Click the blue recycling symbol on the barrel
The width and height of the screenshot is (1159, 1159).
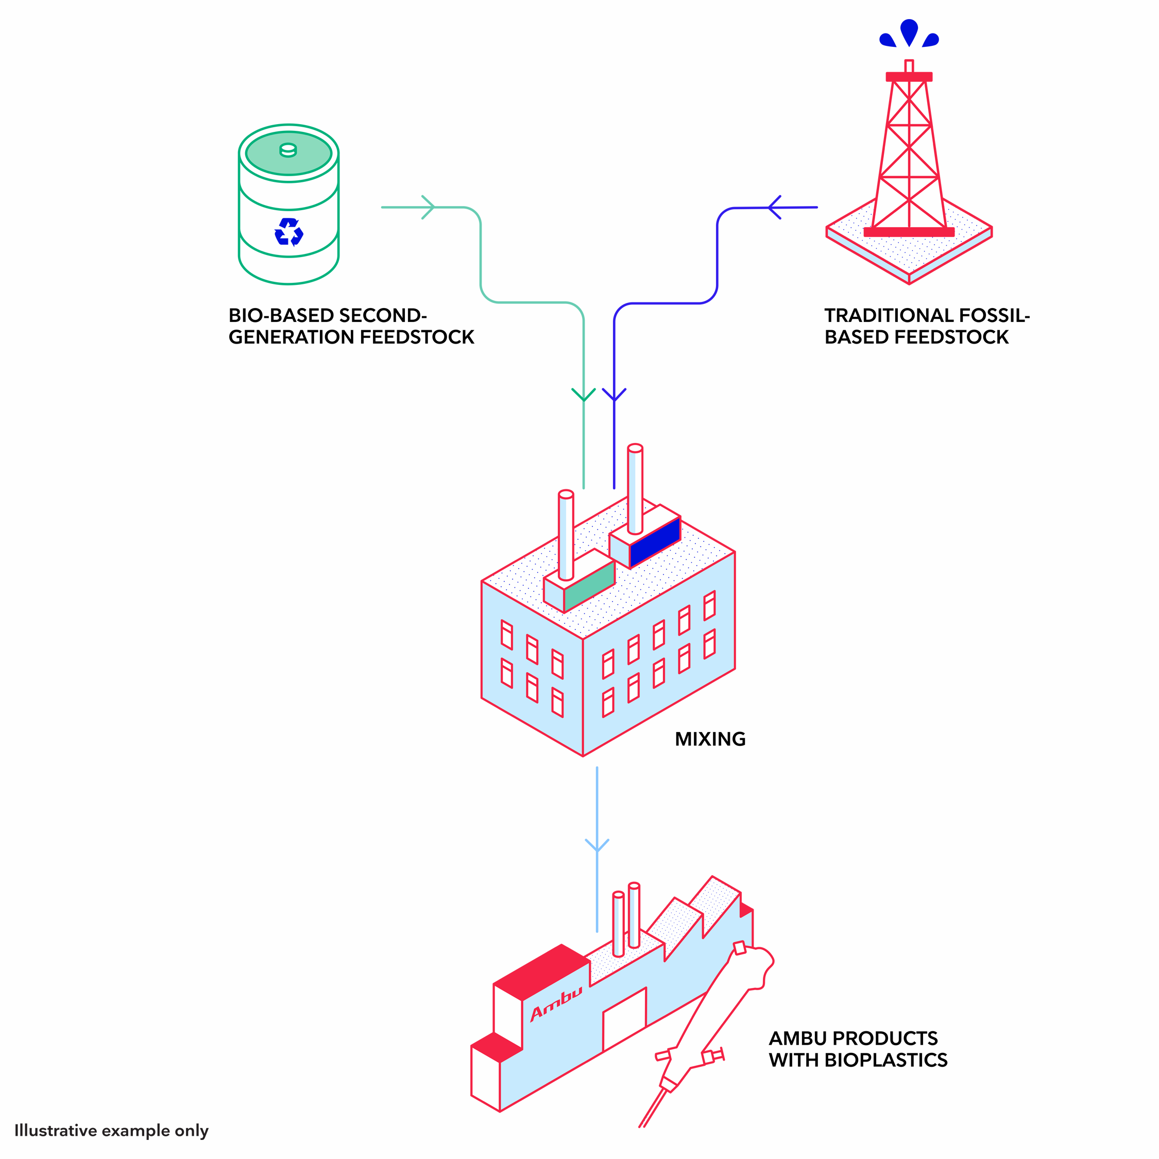click(x=288, y=232)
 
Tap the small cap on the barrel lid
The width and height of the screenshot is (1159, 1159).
click(x=288, y=149)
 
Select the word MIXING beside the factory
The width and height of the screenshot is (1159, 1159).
click(x=710, y=739)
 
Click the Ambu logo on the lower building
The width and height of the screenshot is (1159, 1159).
click(x=556, y=1002)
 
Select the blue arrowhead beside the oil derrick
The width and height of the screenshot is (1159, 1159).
click(x=774, y=208)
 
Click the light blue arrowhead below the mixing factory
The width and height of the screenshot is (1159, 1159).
click(x=597, y=846)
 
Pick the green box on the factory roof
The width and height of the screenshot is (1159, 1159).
click(x=589, y=586)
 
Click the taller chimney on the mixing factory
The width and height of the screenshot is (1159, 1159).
click(x=635, y=489)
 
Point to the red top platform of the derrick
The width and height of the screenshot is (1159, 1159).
click(x=909, y=77)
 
